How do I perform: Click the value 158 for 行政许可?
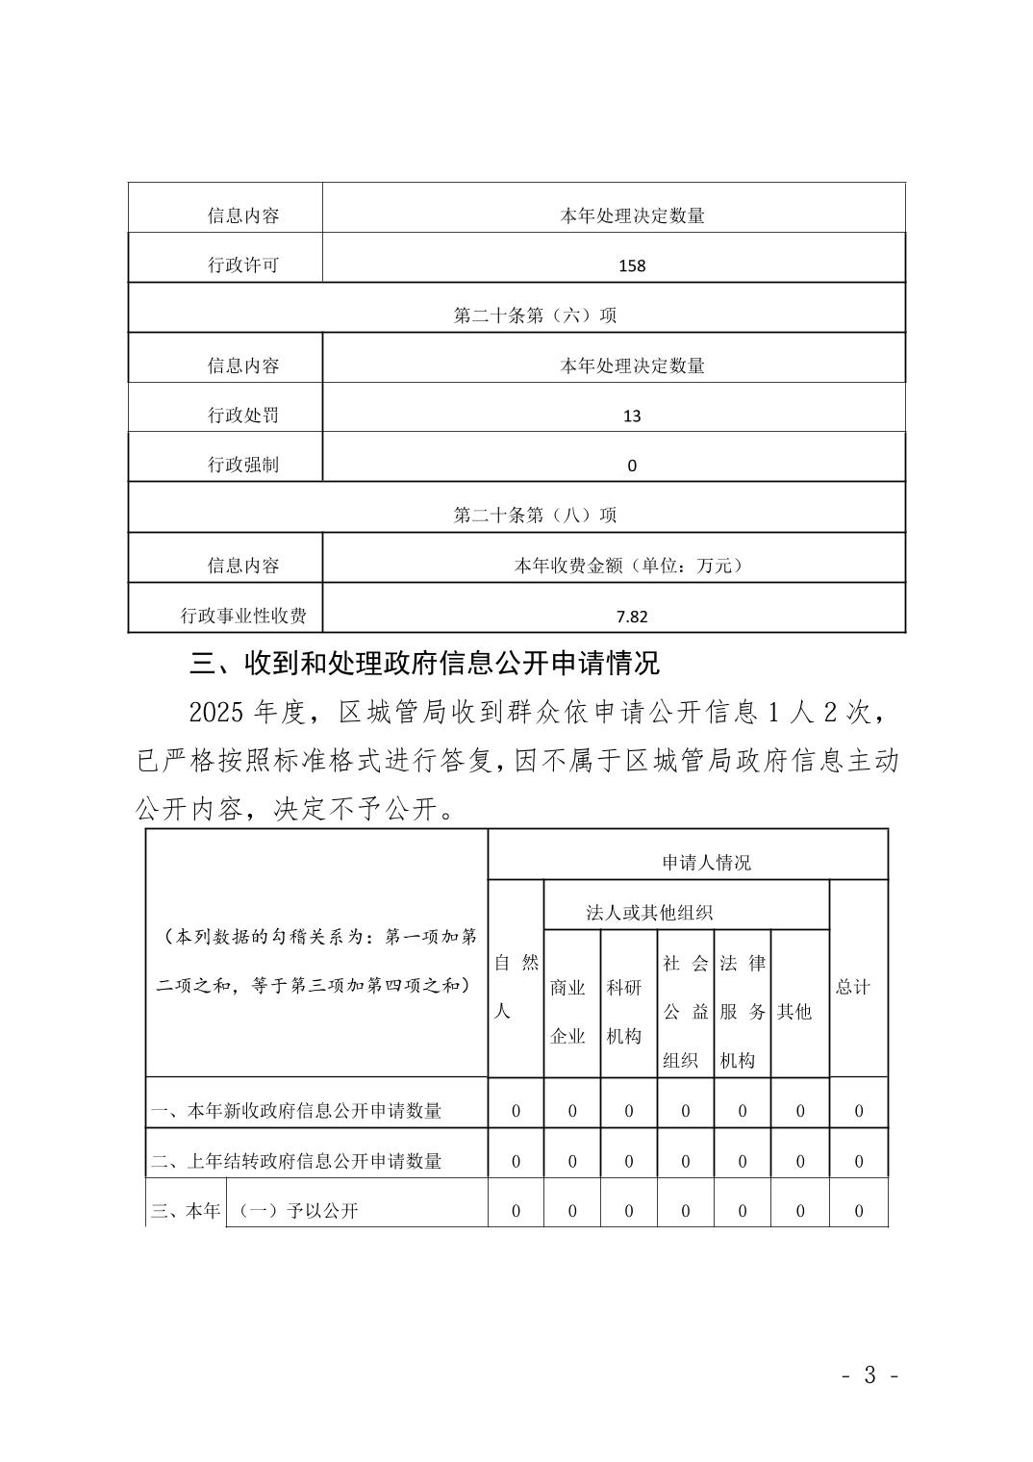pyautogui.click(x=632, y=265)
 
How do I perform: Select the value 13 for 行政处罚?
pyautogui.click(x=632, y=416)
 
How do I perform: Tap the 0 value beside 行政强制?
pyautogui.click(x=632, y=466)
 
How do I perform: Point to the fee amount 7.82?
pyautogui.click(x=632, y=617)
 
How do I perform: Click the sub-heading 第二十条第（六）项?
pyautogui.click(x=535, y=315)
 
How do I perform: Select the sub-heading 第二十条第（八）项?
pyautogui.click(x=535, y=516)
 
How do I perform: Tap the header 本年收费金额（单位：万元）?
pyautogui.click(x=631, y=566)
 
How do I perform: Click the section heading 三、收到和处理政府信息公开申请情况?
pyautogui.click(x=424, y=664)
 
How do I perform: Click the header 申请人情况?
pyautogui.click(x=706, y=863)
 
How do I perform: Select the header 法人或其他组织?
pyautogui.click(x=649, y=913)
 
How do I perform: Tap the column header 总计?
pyautogui.click(x=852, y=987)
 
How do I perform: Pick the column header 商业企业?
pyautogui.click(x=567, y=1012)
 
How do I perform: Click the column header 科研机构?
pyautogui.click(x=624, y=1012)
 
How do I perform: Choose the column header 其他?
pyautogui.click(x=794, y=1012)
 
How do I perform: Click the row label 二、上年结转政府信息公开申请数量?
pyautogui.click(x=296, y=1161)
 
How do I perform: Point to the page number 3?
pyautogui.click(x=869, y=1375)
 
